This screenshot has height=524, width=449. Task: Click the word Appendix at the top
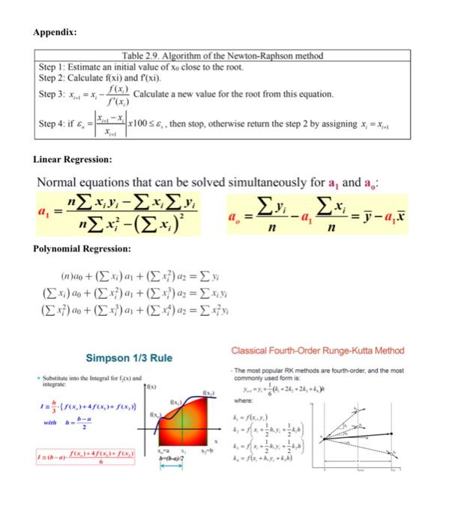click(54, 32)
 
